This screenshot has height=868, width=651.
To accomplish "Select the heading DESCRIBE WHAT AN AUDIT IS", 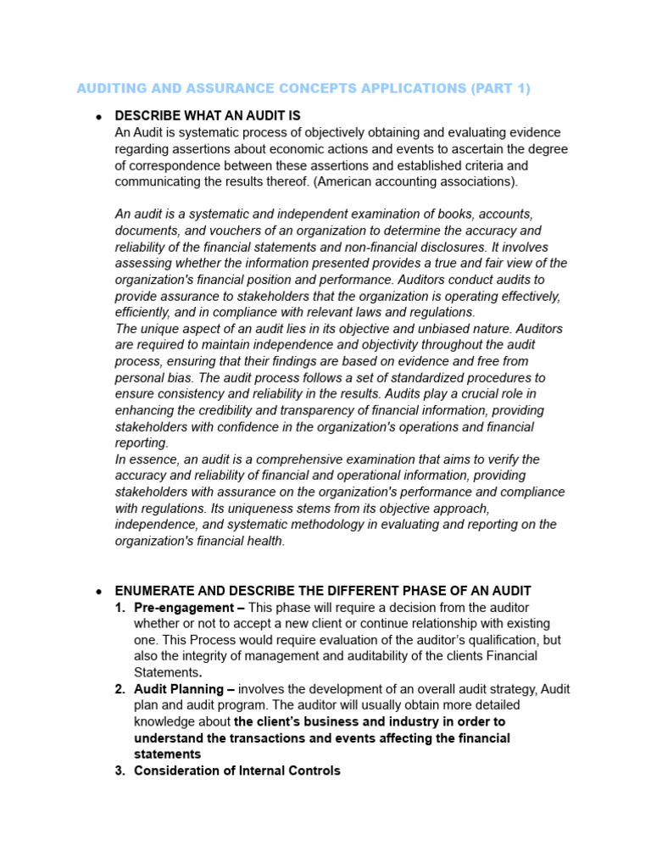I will click(x=208, y=115).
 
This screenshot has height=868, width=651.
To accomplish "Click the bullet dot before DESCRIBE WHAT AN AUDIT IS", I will click(x=99, y=116).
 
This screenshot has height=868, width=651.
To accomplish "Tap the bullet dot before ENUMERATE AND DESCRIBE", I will click(x=99, y=591).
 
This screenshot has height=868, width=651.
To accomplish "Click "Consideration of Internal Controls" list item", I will click(x=237, y=771).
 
